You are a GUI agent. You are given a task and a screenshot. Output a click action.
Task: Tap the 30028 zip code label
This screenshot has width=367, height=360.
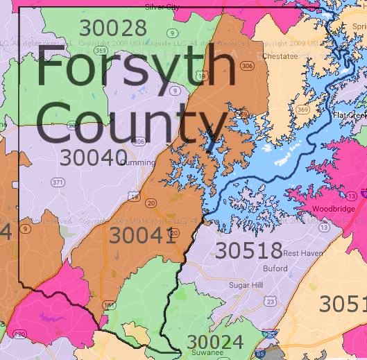[x=113, y=28]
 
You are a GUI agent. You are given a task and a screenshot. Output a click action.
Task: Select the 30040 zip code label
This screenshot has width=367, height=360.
[x=93, y=157]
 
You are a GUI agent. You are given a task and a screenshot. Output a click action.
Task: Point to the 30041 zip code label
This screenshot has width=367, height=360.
[x=143, y=236]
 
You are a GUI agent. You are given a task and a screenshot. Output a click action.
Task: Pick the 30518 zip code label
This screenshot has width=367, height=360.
[x=248, y=250]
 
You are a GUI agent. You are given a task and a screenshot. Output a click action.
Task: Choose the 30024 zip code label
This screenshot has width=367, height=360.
[x=215, y=342]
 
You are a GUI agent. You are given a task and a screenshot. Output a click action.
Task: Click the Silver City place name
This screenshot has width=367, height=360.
[x=162, y=6]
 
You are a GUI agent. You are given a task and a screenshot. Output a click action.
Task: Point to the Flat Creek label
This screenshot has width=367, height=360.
[x=349, y=115]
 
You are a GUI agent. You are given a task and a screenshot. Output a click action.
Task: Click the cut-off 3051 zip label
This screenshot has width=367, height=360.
[x=342, y=304]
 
